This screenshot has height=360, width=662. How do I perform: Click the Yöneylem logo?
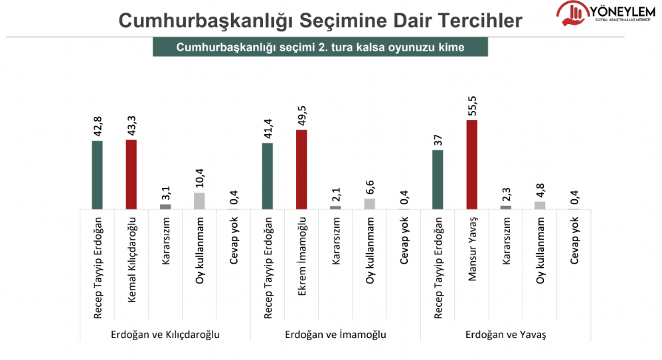point(606,13)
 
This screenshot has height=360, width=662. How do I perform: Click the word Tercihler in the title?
point(480,21)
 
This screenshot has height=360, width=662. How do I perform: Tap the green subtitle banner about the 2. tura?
point(320,47)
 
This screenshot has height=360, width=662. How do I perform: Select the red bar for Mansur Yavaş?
point(472,165)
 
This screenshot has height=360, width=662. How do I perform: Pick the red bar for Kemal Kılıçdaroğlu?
point(131,175)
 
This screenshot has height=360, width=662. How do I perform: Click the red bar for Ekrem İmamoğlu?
point(301,169)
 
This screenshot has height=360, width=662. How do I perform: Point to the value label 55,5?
point(472,106)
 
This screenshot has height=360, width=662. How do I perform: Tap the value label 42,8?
point(98,126)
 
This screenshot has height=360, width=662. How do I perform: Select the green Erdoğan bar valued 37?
point(438,179)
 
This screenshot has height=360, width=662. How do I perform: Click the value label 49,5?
point(301,116)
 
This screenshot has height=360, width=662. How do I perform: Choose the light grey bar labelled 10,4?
point(199,201)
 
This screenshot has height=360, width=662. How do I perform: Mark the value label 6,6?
point(370,187)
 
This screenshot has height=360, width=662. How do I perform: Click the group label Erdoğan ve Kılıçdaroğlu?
point(165,335)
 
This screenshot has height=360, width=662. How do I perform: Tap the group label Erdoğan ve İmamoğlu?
point(335,335)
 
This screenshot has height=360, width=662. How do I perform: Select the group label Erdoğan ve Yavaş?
point(506,335)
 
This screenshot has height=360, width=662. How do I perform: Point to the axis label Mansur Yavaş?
point(472,249)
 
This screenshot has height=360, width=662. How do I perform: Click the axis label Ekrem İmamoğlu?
point(301,256)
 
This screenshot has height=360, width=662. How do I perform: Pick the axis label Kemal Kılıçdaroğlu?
point(131,260)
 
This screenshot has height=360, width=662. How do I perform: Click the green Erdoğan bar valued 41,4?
point(267,176)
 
